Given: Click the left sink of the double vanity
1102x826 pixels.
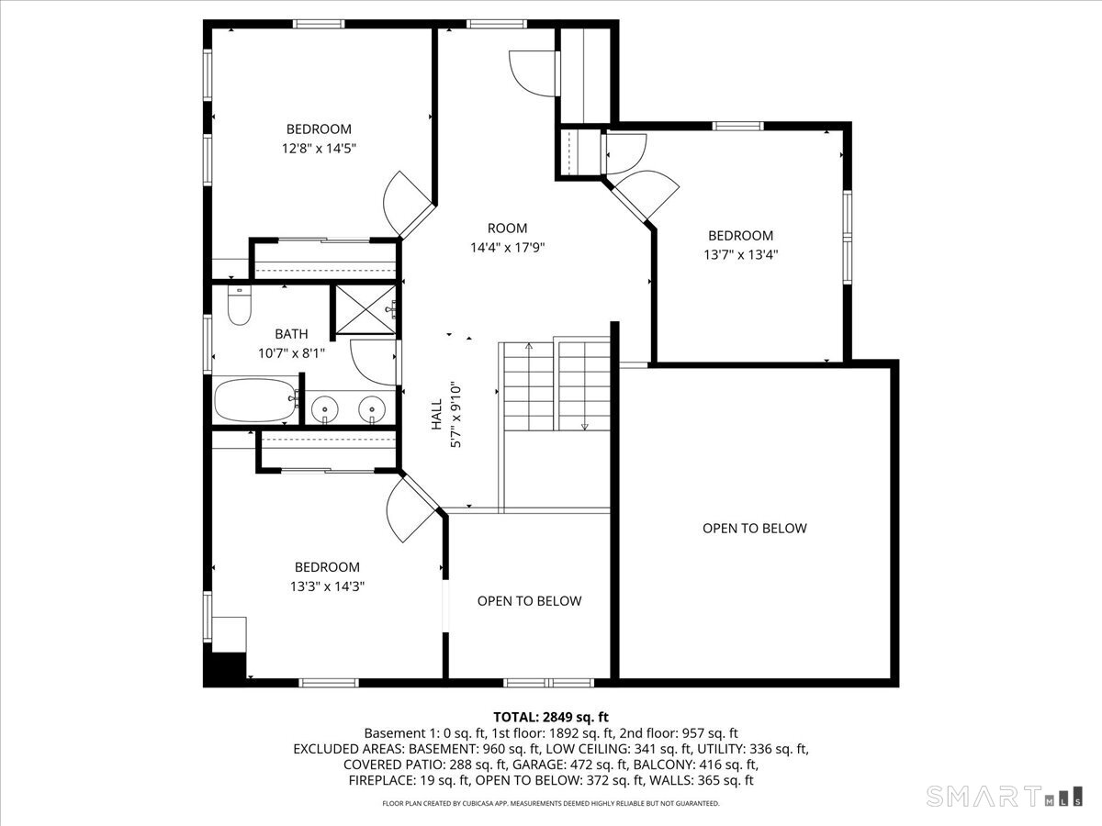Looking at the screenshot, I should pos(326,407).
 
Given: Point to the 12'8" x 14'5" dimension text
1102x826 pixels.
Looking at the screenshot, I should pos(319,149).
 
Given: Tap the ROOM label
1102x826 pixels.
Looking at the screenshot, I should pos(507,228).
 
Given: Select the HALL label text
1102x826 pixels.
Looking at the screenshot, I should pos(437,421).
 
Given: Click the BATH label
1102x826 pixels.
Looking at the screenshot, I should pos(291,334).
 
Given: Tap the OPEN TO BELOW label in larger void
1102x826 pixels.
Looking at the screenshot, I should pos(755,528).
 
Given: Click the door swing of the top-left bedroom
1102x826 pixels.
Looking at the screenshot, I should pos(404,202).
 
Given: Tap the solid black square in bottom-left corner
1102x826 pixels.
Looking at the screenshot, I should pos(225,666).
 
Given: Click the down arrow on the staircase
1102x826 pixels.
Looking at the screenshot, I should pos(584,426).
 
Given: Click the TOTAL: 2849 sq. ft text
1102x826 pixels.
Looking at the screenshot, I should pos(551,717).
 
